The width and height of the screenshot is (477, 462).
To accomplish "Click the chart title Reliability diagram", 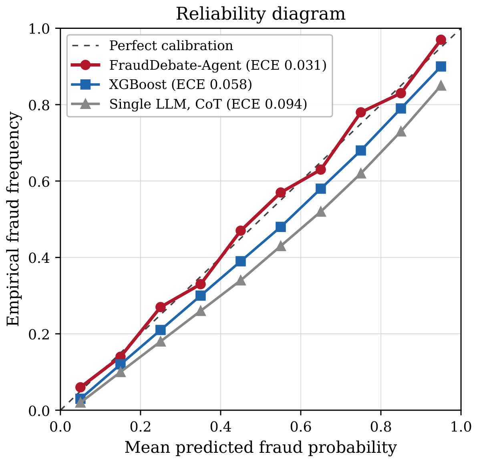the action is click(x=261, y=14).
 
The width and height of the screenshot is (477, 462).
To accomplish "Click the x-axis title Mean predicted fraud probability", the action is click(x=261, y=448).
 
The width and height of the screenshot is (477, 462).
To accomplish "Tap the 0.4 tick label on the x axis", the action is click(x=221, y=427).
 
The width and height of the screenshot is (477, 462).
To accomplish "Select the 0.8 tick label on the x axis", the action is click(x=381, y=427).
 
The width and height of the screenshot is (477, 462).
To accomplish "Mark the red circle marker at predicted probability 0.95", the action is click(x=441, y=40).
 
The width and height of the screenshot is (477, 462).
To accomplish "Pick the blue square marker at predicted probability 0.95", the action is click(x=441, y=67).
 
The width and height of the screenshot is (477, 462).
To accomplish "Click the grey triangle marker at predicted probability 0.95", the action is click(x=441, y=86).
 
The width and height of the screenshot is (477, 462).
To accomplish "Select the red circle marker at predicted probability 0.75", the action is click(x=361, y=112).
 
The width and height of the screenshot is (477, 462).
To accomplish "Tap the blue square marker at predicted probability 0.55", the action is click(x=281, y=227).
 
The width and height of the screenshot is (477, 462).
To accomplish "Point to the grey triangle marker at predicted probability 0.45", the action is click(x=241, y=280).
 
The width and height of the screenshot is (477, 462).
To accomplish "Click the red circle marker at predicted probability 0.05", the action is click(x=81, y=387).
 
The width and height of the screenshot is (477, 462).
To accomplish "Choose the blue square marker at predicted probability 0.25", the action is click(x=161, y=330).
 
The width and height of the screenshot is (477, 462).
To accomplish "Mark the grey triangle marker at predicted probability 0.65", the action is click(x=321, y=212).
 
